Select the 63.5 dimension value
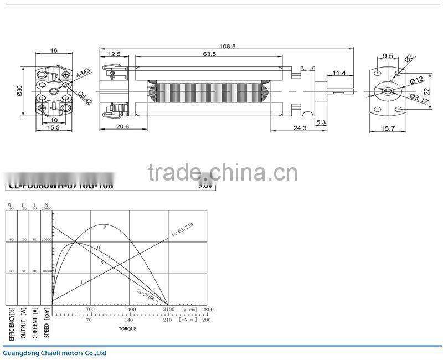coord(209,54)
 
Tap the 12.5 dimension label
coord(114,54)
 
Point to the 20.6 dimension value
coord(122,127)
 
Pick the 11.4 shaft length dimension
coord(339,73)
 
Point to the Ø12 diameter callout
coord(416,81)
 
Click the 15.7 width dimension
coord(388,128)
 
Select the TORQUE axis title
coord(127,329)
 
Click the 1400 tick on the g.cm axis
coord(129,309)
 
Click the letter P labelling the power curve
coord(104,227)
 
